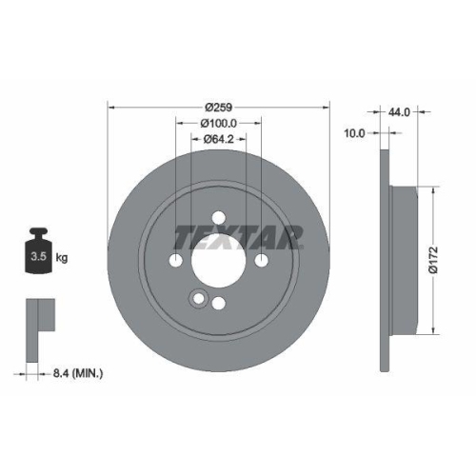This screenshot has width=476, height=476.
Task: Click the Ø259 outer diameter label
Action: pyautogui.click(x=219, y=108)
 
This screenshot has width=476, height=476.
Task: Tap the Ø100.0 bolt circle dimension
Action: pyautogui.click(x=219, y=124)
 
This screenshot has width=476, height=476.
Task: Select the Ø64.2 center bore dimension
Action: pyautogui.click(x=219, y=139)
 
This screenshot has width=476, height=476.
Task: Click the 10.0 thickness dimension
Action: pyautogui.click(x=353, y=134)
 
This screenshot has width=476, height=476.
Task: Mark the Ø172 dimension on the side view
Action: pyautogui.click(x=433, y=256)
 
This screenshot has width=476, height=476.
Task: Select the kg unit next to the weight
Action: pyautogui.click(x=63, y=257)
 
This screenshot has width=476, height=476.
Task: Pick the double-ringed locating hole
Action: pyautogui.click(x=197, y=299)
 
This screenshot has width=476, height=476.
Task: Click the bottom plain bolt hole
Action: pyautogui.click(x=219, y=303)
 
